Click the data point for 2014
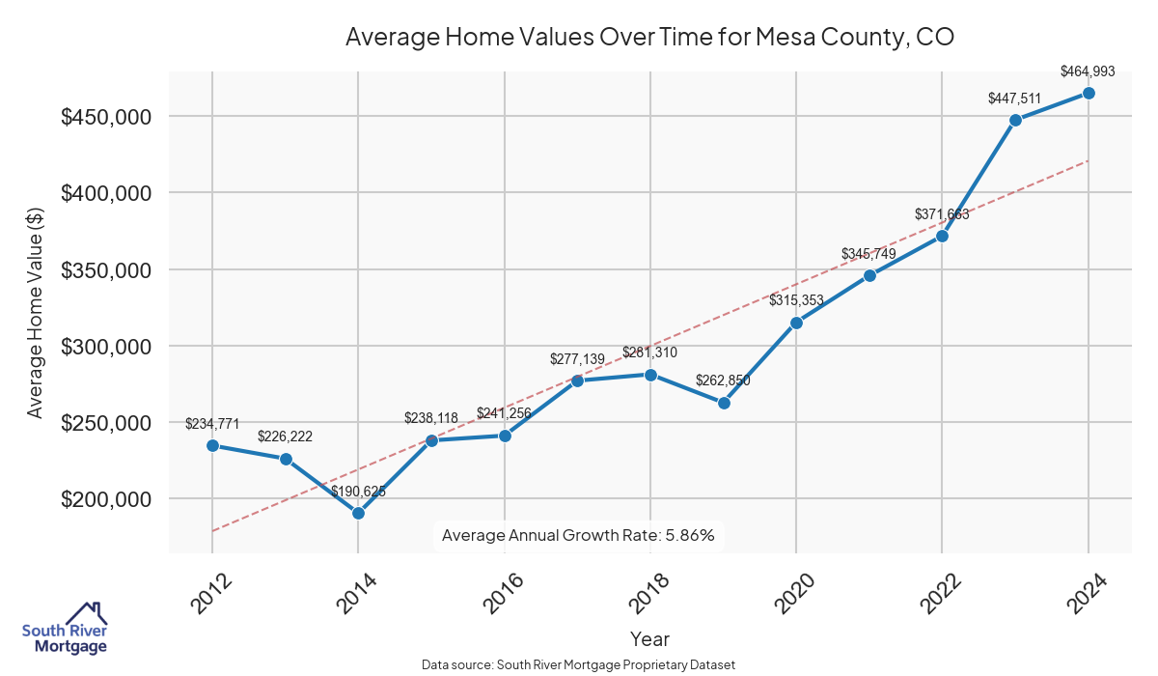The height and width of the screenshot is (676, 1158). [x=358, y=513]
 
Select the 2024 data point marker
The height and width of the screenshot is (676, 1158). [x=1089, y=93]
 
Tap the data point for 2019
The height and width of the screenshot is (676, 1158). [x=724, y=403]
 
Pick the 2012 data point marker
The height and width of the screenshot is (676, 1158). [x=212, y=445]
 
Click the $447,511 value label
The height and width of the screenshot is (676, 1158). [x=1015, y=98]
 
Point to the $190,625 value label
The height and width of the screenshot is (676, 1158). [x=358, y=491]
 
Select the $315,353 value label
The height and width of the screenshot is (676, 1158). [x=796, y=300]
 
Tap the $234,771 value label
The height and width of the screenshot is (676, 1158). [x=212, y=423]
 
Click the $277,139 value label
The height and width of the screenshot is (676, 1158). [x=577, y=358]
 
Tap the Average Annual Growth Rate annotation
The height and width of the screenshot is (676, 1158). [x=577, y=535]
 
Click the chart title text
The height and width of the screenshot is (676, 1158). [x=649, y=38]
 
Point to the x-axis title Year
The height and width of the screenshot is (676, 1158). [x=649, y=638]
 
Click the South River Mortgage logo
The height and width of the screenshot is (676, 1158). [x=65, y=629]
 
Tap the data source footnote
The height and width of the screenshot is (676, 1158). [x=579, y=664]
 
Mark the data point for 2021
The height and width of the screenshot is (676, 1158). [x=869, y=275]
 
